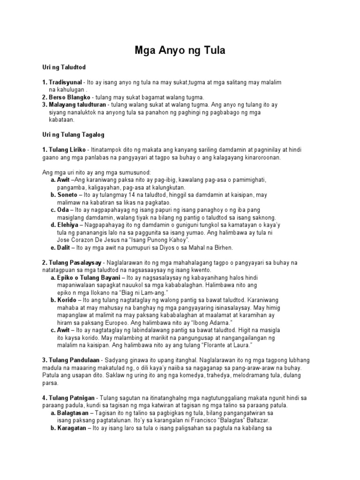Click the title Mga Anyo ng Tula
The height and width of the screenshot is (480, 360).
[180, 51]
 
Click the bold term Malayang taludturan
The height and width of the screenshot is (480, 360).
[77, 105]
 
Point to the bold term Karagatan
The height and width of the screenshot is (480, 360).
[73, 428]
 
